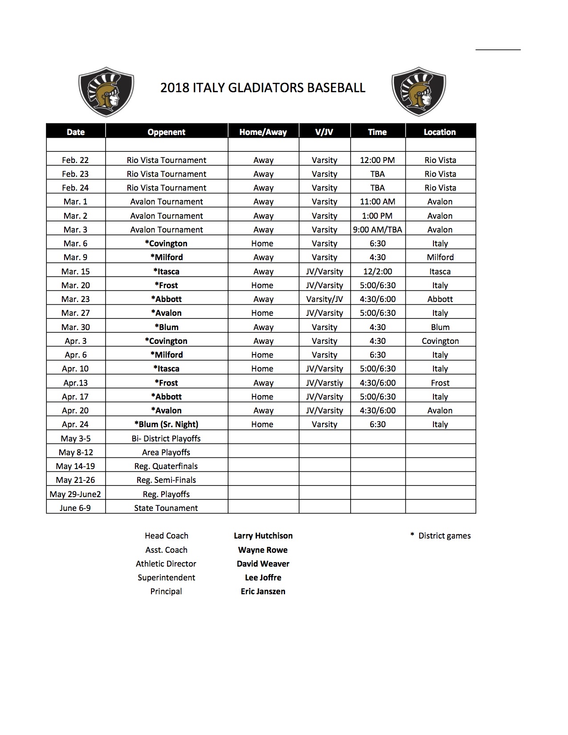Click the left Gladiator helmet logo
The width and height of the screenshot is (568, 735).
[106, 91]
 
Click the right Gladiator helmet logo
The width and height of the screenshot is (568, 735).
[419, 91]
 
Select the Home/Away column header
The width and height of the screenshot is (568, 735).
[263, 132]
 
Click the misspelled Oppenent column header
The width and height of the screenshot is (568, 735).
[166, 132]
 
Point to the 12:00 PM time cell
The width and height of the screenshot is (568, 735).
[377, 160]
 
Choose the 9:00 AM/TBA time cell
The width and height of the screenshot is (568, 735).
[377, 229]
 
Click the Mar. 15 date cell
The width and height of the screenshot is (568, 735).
[75, 271]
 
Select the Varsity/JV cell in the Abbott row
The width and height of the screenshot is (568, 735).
[324, 299]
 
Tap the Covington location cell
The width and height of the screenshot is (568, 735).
[440, 341]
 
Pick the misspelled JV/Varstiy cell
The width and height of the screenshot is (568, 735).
[324, 383]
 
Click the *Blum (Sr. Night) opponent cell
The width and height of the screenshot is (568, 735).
[166, 424]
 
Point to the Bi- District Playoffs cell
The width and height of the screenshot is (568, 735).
[166, 438]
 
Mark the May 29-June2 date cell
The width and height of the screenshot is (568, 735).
[75, 494]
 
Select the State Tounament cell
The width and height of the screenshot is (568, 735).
[166, 508]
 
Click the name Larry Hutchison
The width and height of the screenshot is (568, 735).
[263, 536]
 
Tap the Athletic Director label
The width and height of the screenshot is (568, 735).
[166, 563]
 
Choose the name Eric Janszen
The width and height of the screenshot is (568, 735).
[263, 592]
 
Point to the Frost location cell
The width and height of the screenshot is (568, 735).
[440, 383]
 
